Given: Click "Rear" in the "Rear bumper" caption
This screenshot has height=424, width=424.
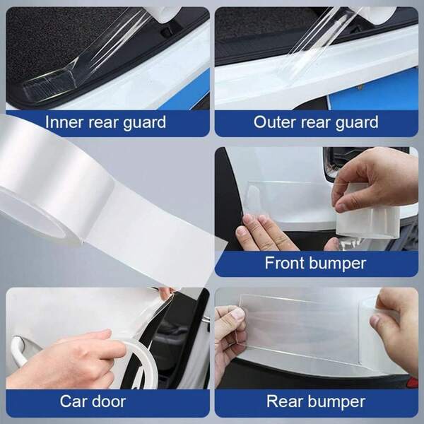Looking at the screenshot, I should pos(285,402).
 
